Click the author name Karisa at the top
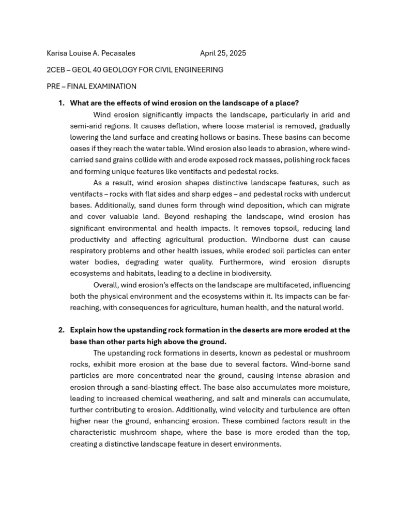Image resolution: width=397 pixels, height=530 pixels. click(57, 53)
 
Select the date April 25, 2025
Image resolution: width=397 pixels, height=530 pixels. click(223, 53)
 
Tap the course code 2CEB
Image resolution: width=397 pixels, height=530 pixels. click(56, 70)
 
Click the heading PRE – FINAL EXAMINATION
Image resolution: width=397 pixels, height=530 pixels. click(91, 86)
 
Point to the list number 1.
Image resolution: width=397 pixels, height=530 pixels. click(61, 103)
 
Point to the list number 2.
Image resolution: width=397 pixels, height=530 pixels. click(61, 330)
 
